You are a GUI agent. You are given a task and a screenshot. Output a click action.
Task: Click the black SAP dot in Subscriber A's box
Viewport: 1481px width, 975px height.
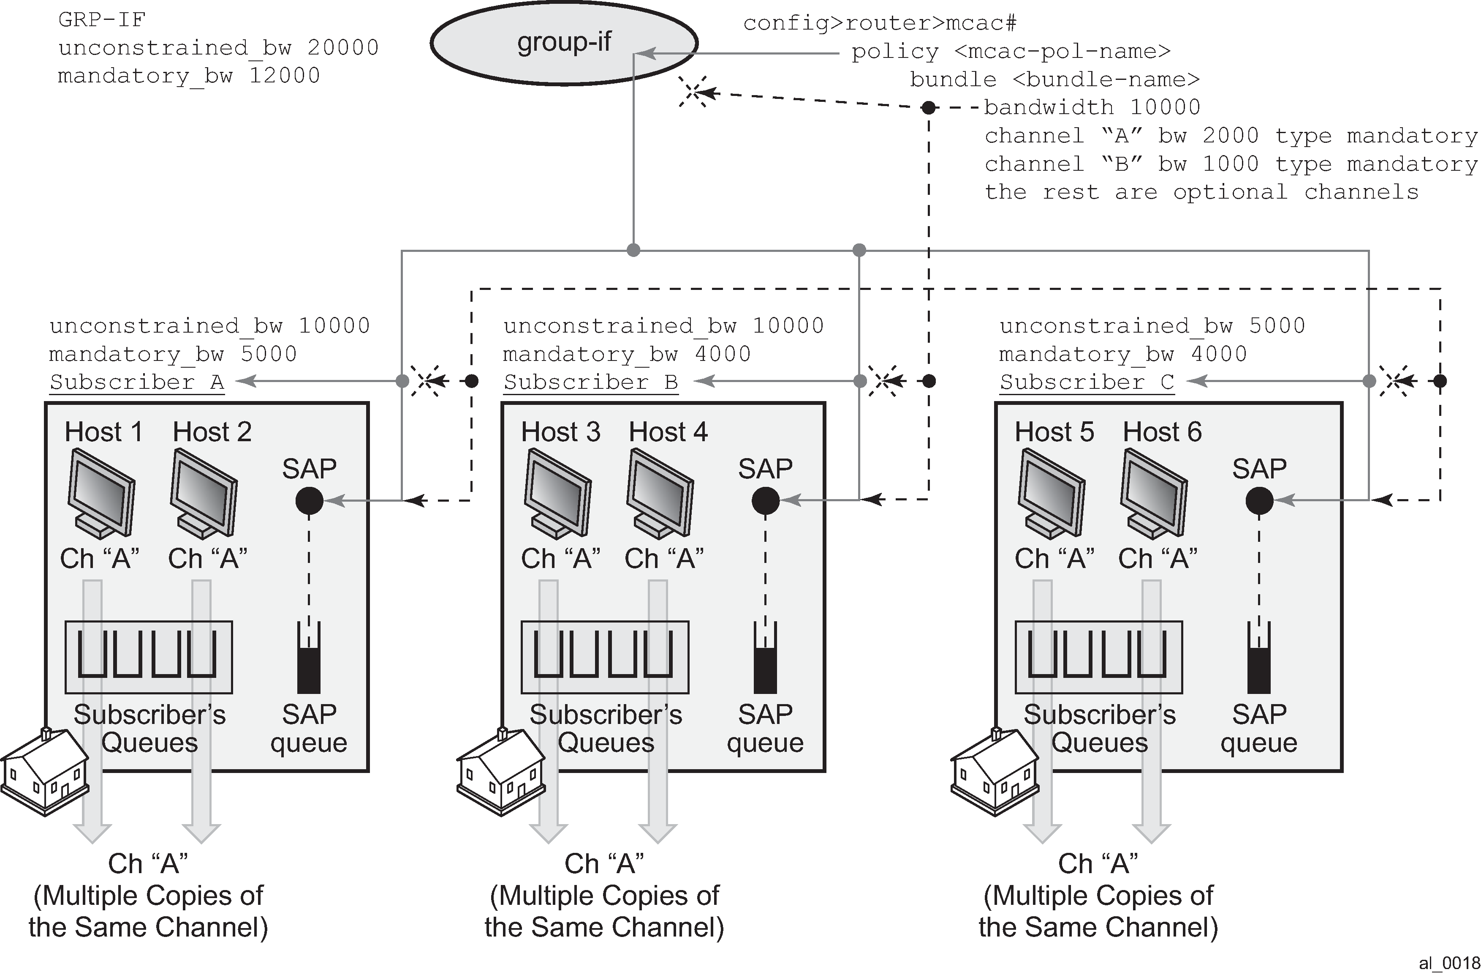309,500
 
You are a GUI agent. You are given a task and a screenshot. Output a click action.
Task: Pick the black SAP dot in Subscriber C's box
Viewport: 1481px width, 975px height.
1259,500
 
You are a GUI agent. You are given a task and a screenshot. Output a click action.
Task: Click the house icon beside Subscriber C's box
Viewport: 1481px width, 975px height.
995,772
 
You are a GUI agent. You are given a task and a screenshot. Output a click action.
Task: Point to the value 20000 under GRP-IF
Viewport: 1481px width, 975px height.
343,48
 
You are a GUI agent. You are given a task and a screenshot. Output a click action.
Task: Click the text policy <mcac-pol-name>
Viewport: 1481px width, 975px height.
1011,52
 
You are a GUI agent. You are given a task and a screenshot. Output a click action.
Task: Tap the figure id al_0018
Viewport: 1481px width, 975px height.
1448,964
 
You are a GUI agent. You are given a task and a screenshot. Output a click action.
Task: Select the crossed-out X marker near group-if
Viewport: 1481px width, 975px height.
693,92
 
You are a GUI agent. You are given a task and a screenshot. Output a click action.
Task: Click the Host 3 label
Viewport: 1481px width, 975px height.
560,432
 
